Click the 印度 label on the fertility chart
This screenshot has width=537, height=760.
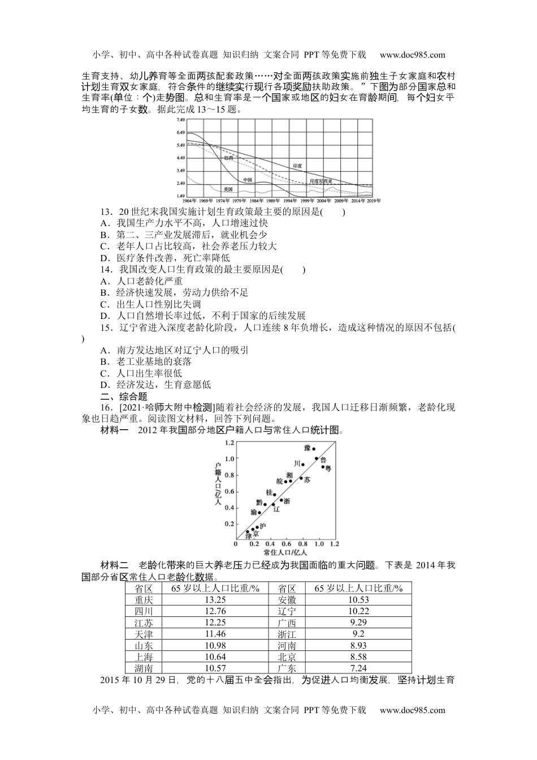[x=297, y=166]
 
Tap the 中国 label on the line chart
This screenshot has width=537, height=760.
[x=248, y=179]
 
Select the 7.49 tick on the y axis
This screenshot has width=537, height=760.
[x=180, y=120]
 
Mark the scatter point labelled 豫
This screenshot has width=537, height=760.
[x=314, y=449]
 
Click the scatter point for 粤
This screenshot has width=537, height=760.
[x=323, y=467]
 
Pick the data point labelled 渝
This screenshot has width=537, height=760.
[x=259, y=513]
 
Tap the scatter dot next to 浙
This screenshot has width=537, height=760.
[x=281, y=500]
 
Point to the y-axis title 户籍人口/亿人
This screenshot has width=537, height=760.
[x=218, y=482]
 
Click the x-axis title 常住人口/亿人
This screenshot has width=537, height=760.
[x=285, y=552]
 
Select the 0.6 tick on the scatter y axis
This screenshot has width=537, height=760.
[x=229, y=491]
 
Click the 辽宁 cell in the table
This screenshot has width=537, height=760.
[x=287, y=611]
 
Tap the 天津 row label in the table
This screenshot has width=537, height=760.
[x=144, y=634]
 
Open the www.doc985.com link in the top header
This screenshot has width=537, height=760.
[x=412, y=55]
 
